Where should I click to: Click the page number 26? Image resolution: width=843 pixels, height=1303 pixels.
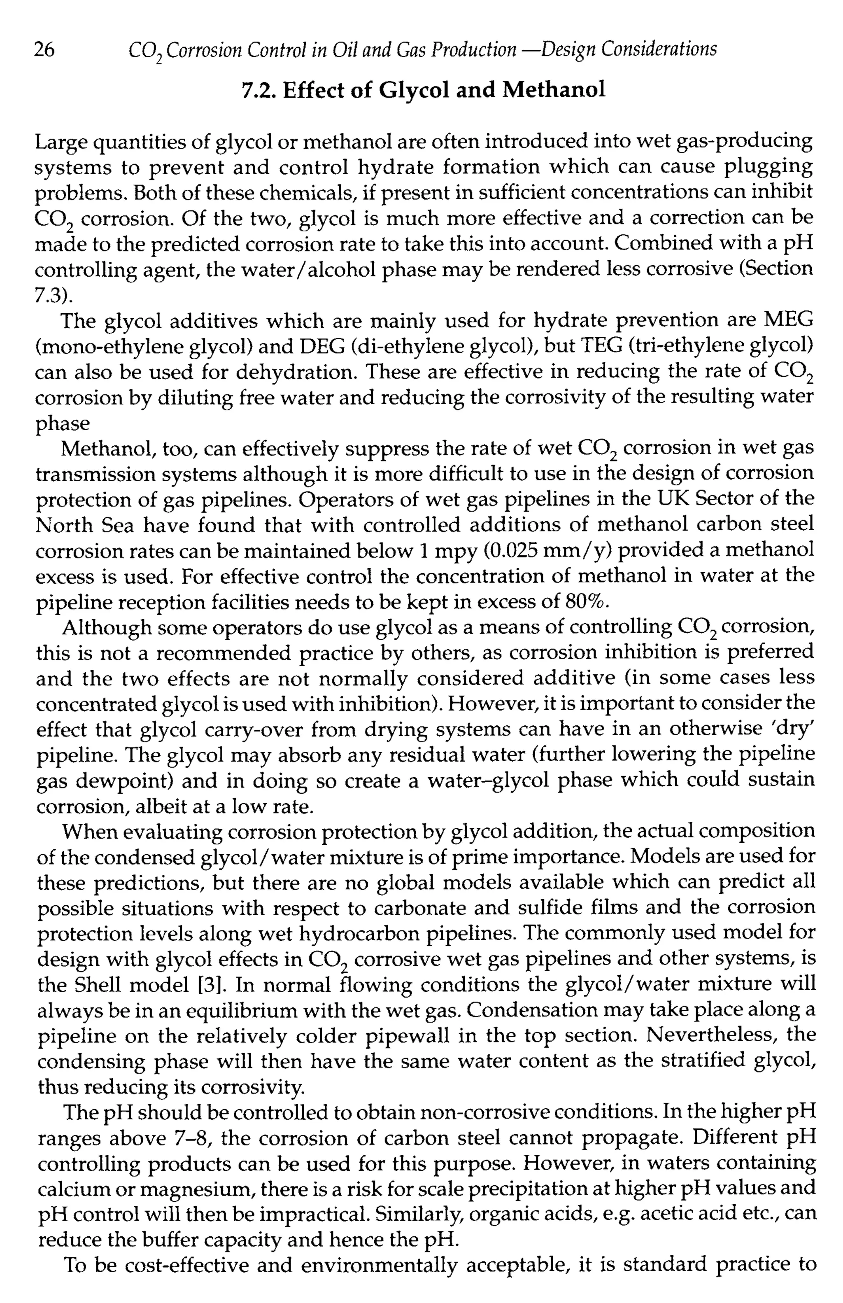(44, 50)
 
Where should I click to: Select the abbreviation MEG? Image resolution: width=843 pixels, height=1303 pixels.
(787, 320)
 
